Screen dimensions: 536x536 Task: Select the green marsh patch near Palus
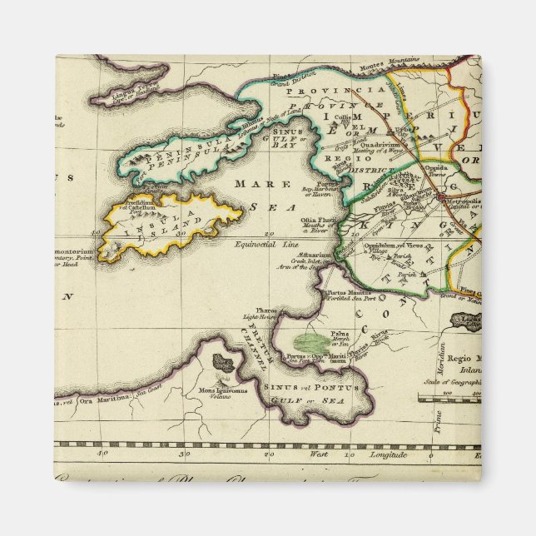(311, 340)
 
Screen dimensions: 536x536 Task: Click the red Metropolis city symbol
(441, 198)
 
